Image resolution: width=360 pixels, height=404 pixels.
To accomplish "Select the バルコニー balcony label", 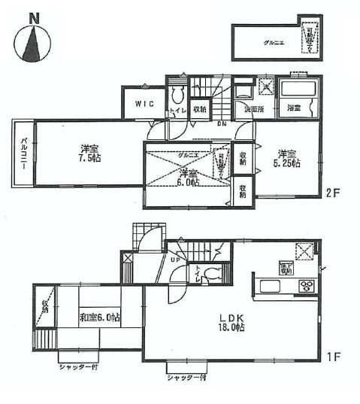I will click(x=23, y=153).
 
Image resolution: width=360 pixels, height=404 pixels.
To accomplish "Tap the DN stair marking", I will click(x=222, y=124).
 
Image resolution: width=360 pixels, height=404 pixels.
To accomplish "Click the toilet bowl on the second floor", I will click(x=177, y=95).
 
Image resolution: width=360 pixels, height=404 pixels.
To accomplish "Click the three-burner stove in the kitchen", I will click(x=308, y=285).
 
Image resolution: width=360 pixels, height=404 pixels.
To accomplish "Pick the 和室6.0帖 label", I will click(x=100, y=317).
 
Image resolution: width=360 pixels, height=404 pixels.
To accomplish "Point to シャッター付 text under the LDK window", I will click(x=186, y=378).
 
